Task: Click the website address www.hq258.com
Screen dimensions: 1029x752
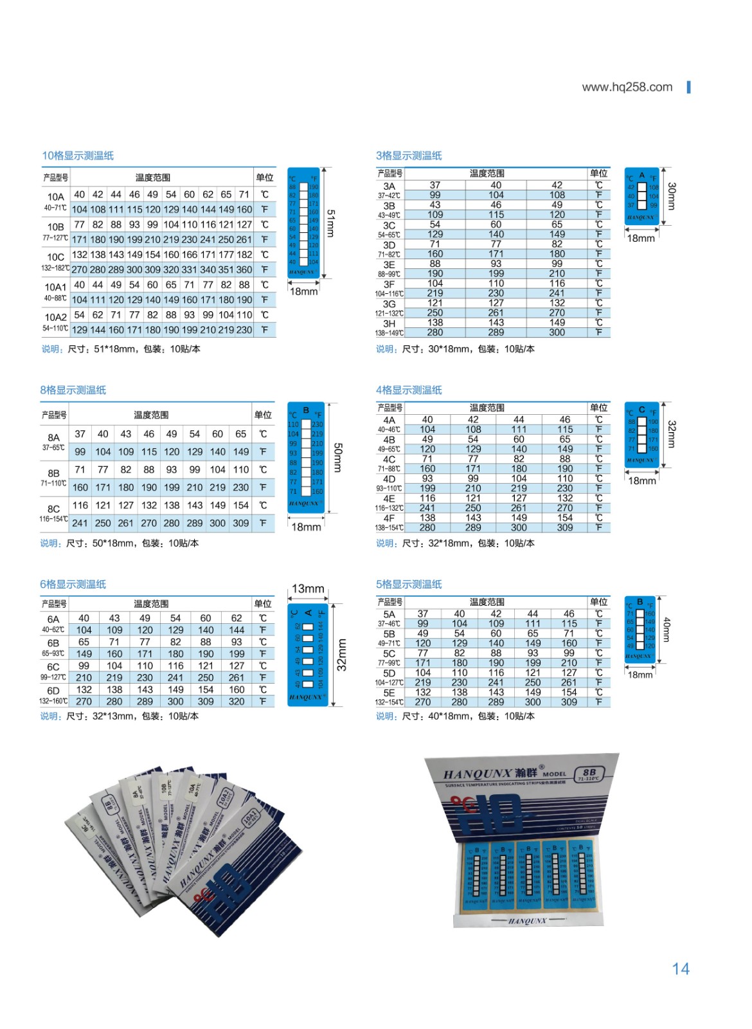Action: coord(627,87)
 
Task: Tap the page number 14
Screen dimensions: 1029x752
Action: coord(680,969)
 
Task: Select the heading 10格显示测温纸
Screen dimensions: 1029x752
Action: coord(78,156)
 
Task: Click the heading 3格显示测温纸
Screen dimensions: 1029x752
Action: coord(409,156)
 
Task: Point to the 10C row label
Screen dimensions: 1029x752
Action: coord(55,257)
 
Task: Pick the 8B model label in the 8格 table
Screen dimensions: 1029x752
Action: coord(53,473)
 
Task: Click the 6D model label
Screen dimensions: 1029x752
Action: coord(53,691)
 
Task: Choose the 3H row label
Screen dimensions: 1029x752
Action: coord(389,323)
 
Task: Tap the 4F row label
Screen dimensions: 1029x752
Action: coord(389,518)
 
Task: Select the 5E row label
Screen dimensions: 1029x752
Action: coord(389,693)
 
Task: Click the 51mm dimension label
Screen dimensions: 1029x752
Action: coord(330,223)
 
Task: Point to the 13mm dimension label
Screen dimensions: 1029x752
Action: coord(308,588)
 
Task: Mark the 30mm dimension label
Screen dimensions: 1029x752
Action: coord(671,196)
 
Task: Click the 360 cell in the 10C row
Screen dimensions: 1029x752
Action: coord(244,270)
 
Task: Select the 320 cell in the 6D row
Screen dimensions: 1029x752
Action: coord(237,702)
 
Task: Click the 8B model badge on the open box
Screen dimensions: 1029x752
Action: coord(589,774)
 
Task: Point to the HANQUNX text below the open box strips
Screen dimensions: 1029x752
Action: coord(527,921)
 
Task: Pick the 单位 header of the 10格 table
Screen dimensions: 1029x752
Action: coord(264,178)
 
